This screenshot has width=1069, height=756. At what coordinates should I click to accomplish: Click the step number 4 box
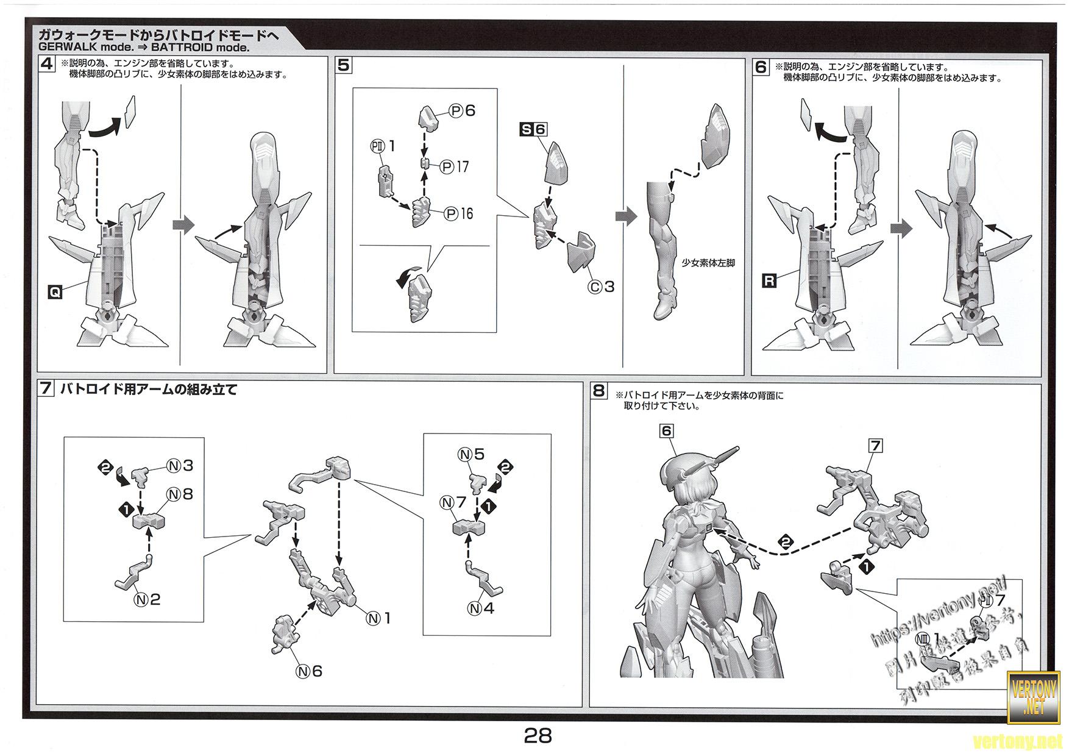(46, 63)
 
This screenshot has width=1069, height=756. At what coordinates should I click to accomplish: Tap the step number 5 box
(344, 65)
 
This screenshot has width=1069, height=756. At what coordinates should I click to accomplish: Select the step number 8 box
(599, 390)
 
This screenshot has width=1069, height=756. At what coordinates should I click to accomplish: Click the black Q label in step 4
(55, 292)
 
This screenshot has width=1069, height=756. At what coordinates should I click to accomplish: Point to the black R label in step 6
(770, 280)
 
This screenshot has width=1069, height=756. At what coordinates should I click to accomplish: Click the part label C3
(601, 286)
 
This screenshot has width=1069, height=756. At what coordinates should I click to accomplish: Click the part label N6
(309, 671)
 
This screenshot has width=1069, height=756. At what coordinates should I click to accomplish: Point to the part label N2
(147, 599)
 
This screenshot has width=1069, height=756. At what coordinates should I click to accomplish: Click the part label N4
(481, 608)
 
